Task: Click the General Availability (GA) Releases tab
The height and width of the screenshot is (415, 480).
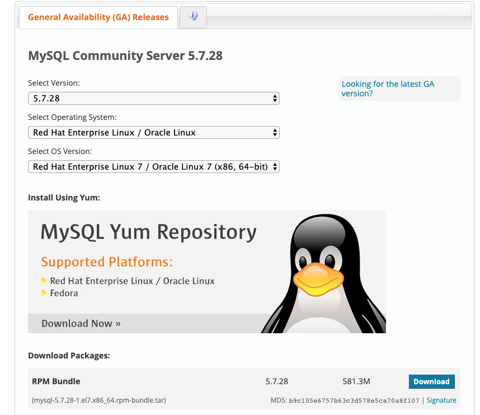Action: (98, 17)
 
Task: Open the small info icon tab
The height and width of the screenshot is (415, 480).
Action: (193, 17)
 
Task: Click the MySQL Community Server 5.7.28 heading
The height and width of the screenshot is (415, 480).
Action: (125, 56)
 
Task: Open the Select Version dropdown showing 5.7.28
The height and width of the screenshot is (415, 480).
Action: (153, 99)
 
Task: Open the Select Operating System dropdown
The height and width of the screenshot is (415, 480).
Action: (153, 133)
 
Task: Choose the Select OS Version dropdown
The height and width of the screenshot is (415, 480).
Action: (153, 167)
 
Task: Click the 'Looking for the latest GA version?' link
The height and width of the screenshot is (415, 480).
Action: (388, 88)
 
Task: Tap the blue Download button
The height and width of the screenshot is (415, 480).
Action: (431, 381)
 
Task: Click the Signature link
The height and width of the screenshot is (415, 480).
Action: (441, 400)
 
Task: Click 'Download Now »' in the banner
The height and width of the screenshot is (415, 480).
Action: (81, 323)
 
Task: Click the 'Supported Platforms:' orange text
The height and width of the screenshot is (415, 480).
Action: (107, 262)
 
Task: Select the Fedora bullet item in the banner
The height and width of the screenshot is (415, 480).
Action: (64, 293)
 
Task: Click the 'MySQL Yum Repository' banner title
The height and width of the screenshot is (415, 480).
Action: (149, 232)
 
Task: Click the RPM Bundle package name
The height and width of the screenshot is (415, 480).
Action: (56, 381)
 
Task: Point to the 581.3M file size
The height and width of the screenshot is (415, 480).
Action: (356, 381)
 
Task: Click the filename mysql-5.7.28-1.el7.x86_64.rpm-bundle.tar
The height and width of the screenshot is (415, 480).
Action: (99, 400)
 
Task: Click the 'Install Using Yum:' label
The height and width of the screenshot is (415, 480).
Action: (64, 198)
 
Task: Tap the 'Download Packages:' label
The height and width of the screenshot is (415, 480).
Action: (69, 356)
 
